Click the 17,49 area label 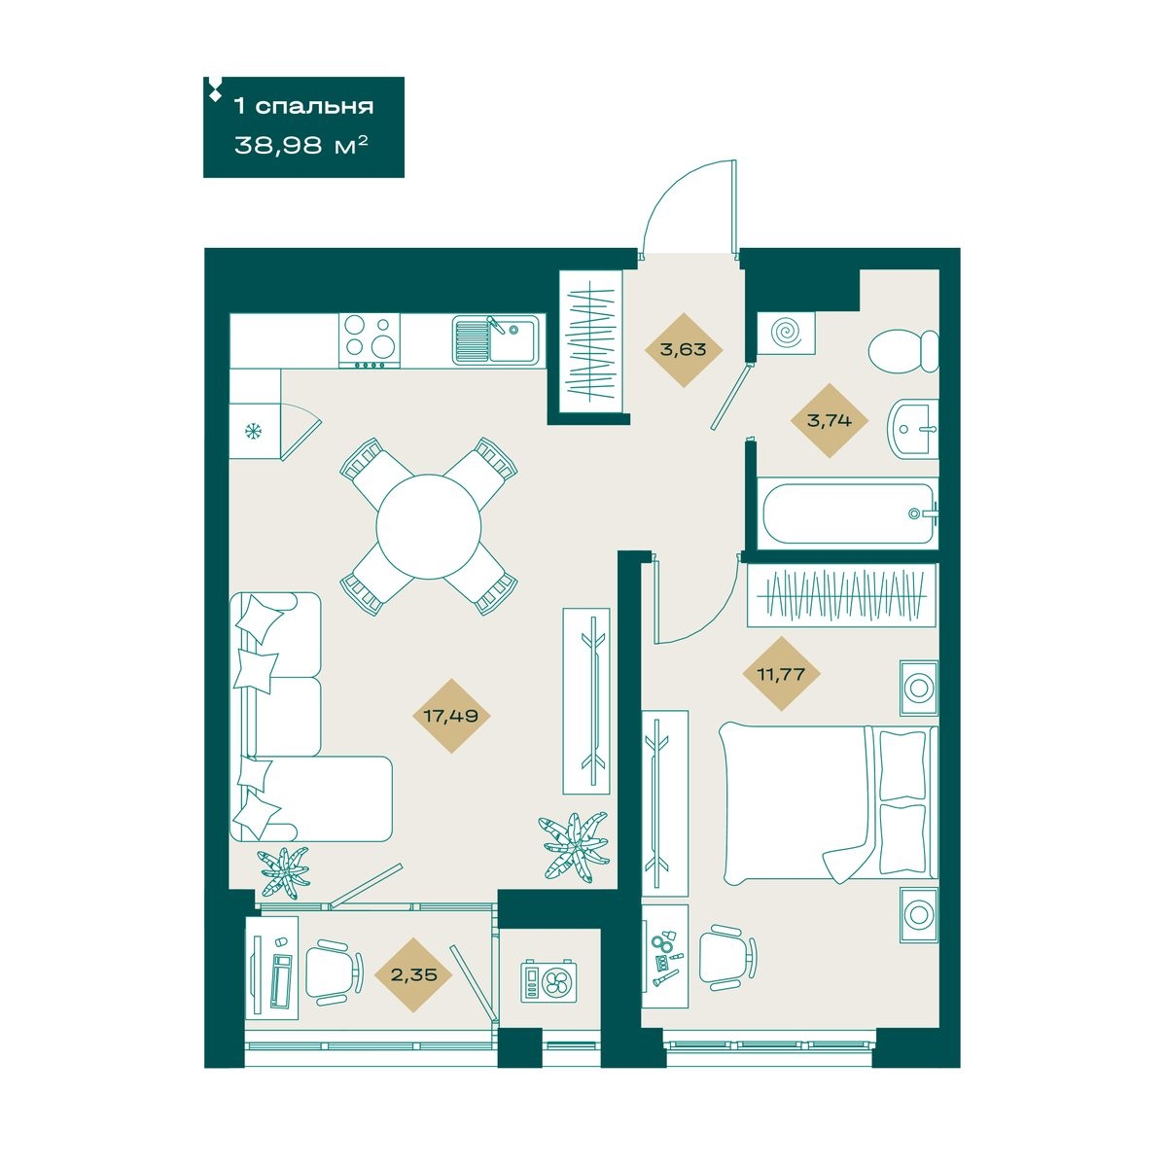450,717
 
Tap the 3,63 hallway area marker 683,350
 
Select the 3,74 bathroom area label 829,420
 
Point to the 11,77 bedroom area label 781,673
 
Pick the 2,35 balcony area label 413,975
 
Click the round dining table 429,526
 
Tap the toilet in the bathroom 903,351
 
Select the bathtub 850,513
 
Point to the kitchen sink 496,341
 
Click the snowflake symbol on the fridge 252,432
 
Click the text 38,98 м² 301,145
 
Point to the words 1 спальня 304,107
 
